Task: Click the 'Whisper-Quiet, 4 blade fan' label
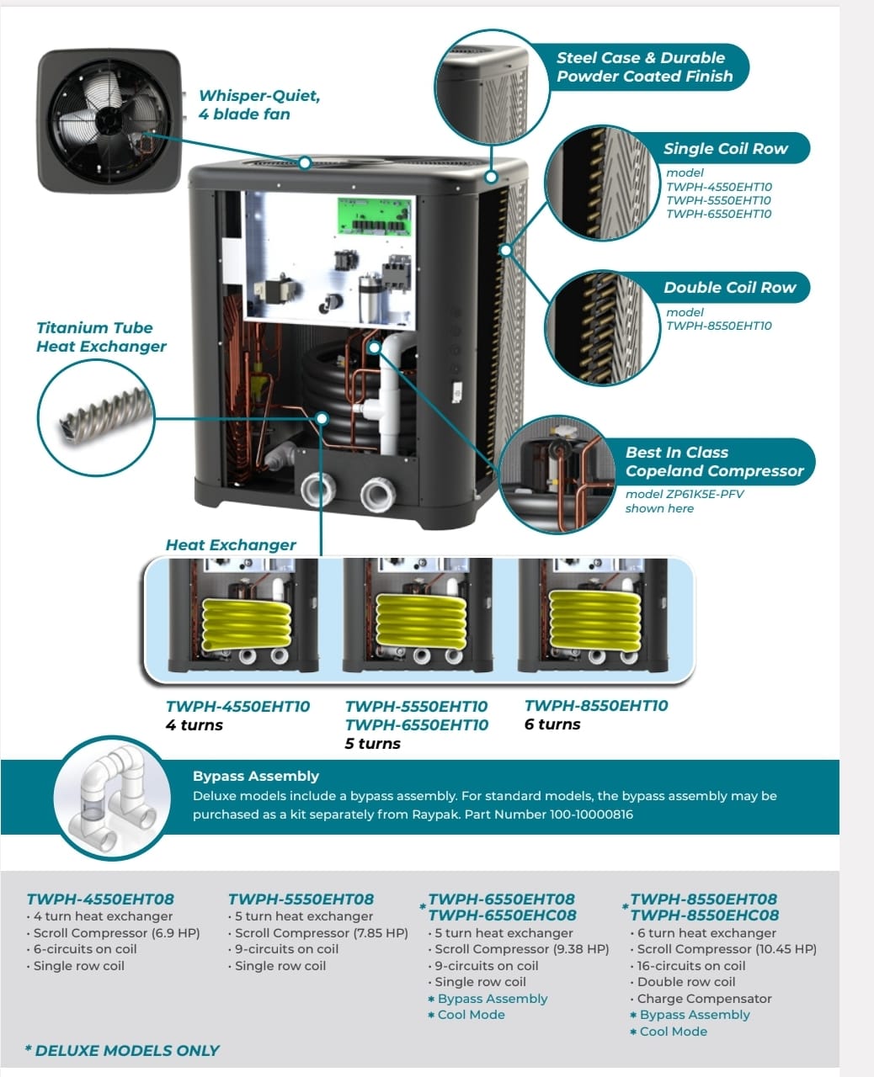(259, 105)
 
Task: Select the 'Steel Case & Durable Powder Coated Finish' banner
(644, 67)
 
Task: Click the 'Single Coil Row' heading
(725, 149)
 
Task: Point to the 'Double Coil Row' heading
(729, 288)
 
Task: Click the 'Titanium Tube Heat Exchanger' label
(101, 337)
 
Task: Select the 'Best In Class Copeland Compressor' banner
(714, 462)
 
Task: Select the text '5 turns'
(373, 744)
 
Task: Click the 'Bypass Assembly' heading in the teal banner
(256, 776)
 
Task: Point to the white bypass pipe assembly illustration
(109, 797)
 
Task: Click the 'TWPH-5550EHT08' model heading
(301, 899)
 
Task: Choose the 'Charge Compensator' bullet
(704, 999)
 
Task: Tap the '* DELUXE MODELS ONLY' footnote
(122, 1051)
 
